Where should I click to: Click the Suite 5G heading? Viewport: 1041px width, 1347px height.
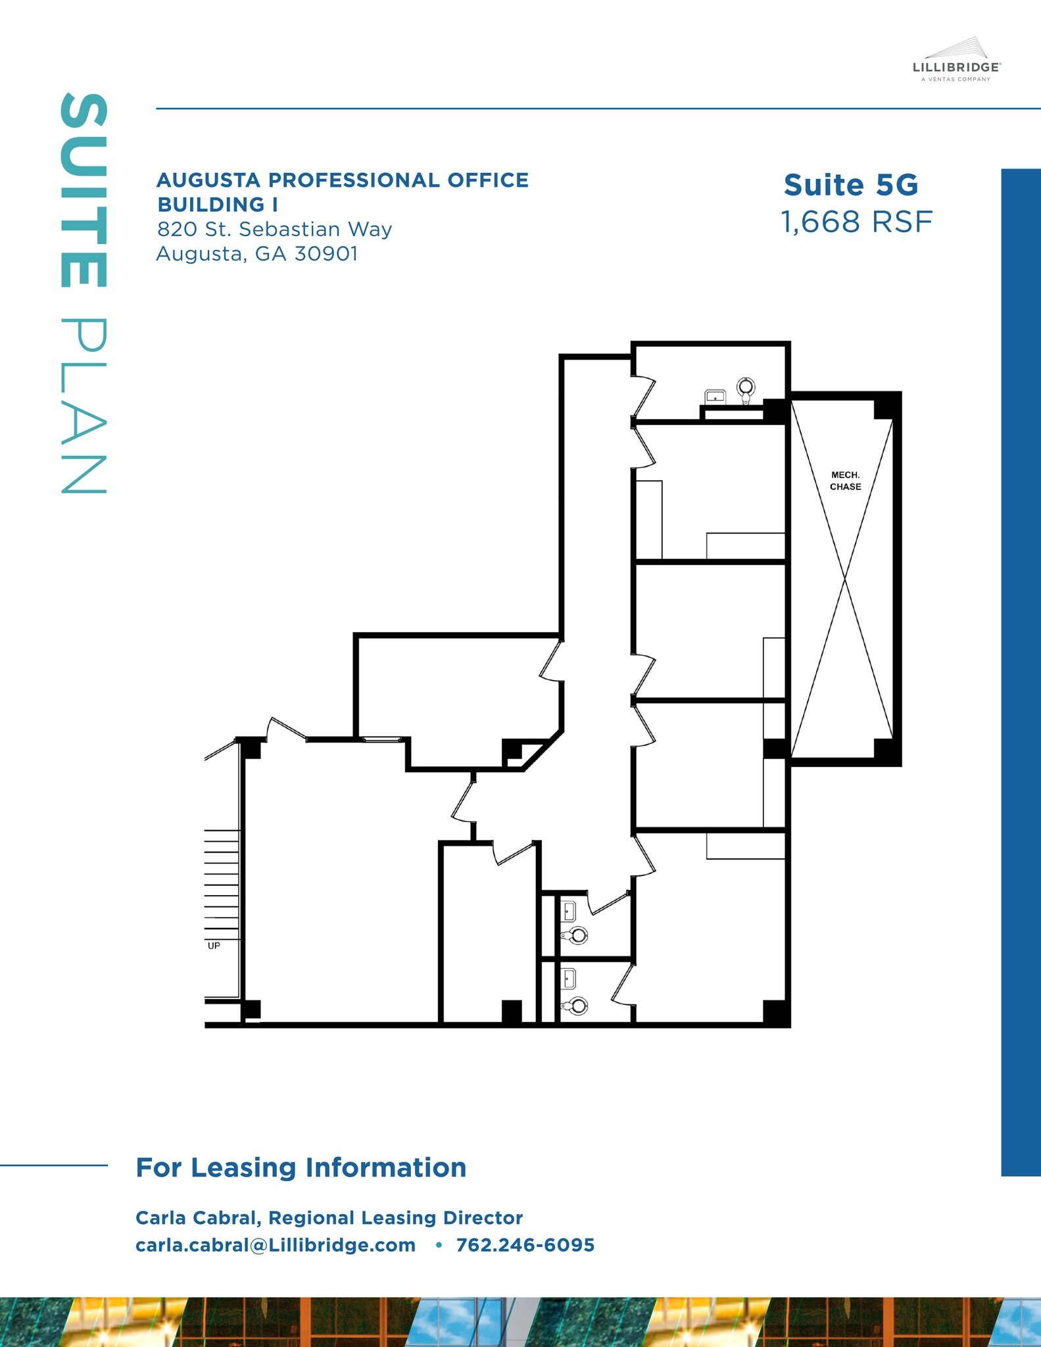(851, 185)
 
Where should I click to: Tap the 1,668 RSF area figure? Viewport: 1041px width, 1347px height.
(856, 222)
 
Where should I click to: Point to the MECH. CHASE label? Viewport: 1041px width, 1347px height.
(845, 481)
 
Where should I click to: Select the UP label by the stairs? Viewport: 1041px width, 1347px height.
(214, 945)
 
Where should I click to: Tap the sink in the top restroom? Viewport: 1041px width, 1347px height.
(715, 397)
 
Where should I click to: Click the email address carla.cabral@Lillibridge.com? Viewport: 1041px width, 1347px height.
(276, 1245)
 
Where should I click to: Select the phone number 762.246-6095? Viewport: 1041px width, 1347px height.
(525, 1245)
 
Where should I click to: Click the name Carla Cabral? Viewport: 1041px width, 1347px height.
(196, 1217)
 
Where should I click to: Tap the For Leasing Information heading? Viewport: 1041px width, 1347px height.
(301, 1167)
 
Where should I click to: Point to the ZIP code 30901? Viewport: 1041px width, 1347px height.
(326, 254)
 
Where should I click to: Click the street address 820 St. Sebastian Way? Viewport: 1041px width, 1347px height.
(274, 230)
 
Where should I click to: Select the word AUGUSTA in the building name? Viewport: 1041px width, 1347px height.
(208, 180)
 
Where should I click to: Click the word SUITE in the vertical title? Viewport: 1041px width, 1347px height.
(84, 191)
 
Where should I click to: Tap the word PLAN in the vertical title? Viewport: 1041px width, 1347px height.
(84, 406)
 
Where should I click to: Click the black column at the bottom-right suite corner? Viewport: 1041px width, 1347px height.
(775, 1012)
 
